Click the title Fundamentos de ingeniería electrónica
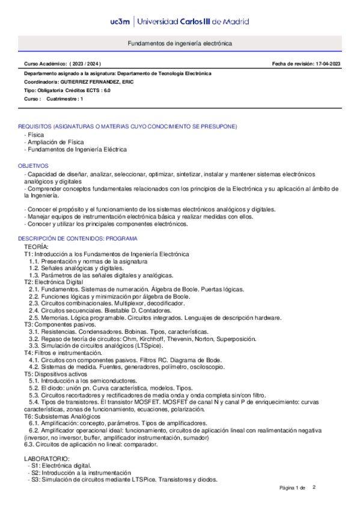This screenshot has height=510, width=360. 180,44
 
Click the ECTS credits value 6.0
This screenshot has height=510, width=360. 106,90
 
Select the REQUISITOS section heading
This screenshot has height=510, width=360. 127,126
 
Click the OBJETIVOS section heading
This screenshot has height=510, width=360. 33,165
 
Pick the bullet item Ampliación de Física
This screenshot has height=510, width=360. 56,142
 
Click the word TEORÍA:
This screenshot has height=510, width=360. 37,247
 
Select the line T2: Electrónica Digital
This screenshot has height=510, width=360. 53,281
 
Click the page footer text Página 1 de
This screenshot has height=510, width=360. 293,487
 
